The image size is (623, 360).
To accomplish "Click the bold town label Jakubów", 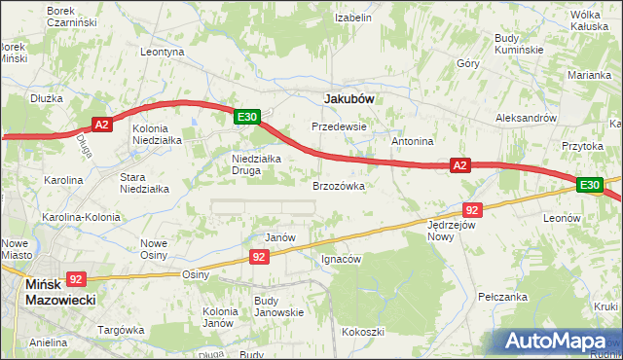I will (348, 98).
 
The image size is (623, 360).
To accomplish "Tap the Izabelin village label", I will (353, 18).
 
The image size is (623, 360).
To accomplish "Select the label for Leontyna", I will (163, 52).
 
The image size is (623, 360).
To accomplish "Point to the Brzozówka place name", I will (338, 185).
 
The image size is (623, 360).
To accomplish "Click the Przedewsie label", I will (338, 126).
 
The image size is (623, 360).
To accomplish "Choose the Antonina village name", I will (412, 141).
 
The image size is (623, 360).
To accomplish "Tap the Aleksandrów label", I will (525, 117).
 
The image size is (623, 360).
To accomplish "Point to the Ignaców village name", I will (341, 260).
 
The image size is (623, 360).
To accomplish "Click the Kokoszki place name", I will (362, 332).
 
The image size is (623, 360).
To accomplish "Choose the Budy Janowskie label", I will (278, 306).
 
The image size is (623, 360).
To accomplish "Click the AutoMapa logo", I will (560, 342).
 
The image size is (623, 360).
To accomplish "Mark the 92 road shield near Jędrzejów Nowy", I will (473, 209).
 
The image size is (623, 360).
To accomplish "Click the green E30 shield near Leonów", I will (590, 185).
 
